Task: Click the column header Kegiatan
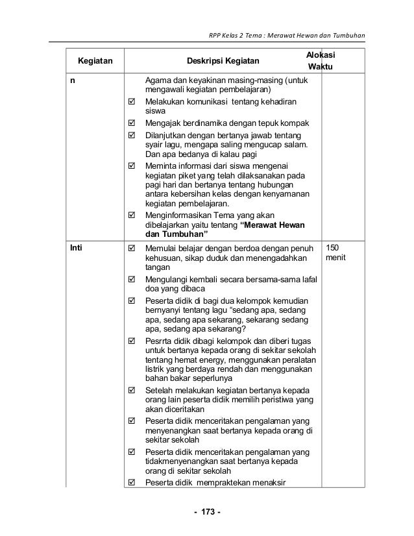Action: coord(95,62)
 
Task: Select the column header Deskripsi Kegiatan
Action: coord(222,62)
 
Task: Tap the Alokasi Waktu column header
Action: coord(321,61)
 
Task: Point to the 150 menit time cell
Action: coord(337,253)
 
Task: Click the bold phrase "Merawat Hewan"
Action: coord(276,225)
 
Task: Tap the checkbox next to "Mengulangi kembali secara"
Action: coord(132,280)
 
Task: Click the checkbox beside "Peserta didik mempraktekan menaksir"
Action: coord(132,481)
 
